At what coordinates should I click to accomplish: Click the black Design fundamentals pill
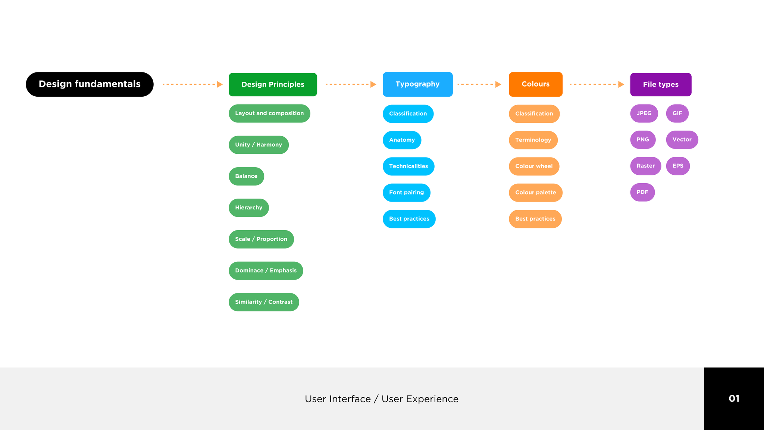(x=90, y=84)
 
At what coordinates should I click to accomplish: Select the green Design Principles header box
(x=273, y=84)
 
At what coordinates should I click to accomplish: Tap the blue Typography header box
(x=417, y=84)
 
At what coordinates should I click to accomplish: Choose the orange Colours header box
(x=535, y=84)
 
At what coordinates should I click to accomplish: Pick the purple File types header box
(x=661, y=84)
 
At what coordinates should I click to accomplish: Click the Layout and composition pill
(x=269, y=113)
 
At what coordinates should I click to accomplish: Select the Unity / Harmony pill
(x=259, y=145)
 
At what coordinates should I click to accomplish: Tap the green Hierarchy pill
(x=248, y=208)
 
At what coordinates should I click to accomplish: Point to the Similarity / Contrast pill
(x=264, y=302)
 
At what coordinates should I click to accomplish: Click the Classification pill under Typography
(x=408, y=114)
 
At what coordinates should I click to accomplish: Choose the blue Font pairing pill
(x=406, y=193)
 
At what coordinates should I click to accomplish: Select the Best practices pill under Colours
(x=535, y=219)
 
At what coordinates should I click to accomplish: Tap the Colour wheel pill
(x=534, y=166)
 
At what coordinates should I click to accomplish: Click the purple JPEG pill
(x=644, y=113)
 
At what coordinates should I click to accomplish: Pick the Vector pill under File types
(x=682, y=140)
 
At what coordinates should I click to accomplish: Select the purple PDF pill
(x=642, y=192)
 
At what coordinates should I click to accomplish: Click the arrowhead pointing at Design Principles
(x=220, y=84)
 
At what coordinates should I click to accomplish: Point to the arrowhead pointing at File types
(x=621, y=84)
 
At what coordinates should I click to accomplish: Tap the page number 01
(x=734, y=399)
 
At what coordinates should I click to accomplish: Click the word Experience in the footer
(x=432, y=399)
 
